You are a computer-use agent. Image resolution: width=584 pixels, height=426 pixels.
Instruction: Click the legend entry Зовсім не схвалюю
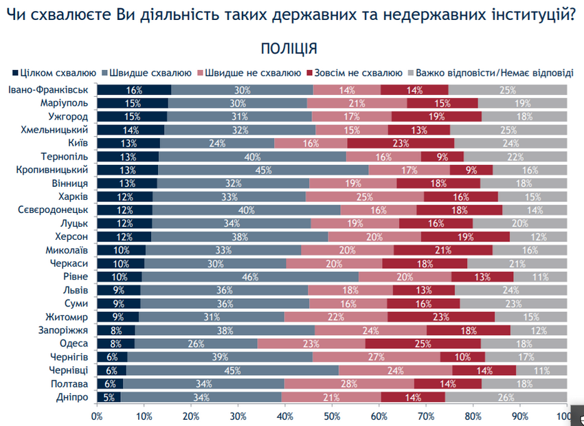(x=357, y=72)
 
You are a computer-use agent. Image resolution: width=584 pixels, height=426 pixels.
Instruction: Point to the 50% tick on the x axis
(x=332, y=416)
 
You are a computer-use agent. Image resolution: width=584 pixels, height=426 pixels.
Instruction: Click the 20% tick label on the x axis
(x=191, y=416)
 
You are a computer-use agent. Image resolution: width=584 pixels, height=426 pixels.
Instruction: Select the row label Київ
(x=76, y=143)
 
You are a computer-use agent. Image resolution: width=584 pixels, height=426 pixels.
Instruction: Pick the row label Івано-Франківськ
(x=47, y=90)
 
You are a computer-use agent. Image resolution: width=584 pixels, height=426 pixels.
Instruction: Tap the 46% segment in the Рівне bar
(x=250, y=276)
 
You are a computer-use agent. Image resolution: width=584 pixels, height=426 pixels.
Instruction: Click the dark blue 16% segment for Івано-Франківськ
(x=134, y=90)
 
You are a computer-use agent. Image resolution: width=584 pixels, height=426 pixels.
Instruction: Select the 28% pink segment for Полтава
(x=348, y=383)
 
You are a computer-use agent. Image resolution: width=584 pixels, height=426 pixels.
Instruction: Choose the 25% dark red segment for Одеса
(x=423, y=344)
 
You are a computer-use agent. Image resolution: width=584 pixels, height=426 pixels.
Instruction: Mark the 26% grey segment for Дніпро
(x=506, y=396)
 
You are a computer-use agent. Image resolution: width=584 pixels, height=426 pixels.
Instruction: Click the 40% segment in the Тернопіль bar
(x=252, y=156)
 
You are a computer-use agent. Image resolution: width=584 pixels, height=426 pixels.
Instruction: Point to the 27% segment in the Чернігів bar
(x=377, y=357)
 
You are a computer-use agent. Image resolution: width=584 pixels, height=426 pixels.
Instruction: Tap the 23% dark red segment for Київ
(x=401, y=143)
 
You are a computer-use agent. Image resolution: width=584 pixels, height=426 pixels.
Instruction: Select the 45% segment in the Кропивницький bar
(x=263, y=170)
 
